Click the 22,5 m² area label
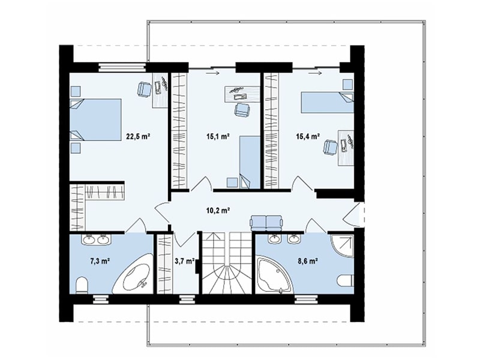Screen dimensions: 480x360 pyautogui.click(x=138, y=136)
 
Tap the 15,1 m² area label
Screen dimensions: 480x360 pyautogui.click(x=218, y=136)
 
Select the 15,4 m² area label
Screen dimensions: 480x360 pyautogui.click(x=308, y=136)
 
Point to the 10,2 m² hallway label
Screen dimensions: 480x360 pyautogui.click(x=218, y=211)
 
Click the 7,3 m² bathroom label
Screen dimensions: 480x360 pyautogui.click(x=100, y=261)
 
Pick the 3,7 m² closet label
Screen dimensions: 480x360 pyautogui.click(x=185, y=261)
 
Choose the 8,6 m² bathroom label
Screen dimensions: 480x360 pyautogui.click(x=307, y=261)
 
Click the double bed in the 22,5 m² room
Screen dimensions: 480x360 pyautogui.click(x=95, y=119)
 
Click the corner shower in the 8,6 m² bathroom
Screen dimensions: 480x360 pyautogui.click(x=342, y=247)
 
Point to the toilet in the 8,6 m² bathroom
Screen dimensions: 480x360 pyautogui.click(x=347, y=280)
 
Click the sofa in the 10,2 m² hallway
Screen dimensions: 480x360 pyautogui.click(x=266, y=222)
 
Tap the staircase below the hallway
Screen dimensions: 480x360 pyautogui.click(x=227, y=263)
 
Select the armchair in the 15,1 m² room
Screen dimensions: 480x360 pyautogui.click(x=242, y=109)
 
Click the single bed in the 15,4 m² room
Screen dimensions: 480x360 pyautogui.click(x=328, y=102)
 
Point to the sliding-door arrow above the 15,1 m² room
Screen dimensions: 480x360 pyautogui.click(x=213, y=73)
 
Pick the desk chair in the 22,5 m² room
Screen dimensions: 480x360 pyautogui.click(x=144, y=89)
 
